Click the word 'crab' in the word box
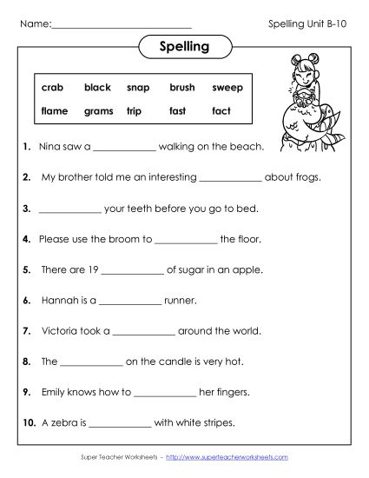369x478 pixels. [52, 88]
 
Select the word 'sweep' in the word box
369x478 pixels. [227, 88]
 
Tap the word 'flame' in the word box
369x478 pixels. [55, 111]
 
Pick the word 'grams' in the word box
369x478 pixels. [98, 111]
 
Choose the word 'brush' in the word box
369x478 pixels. [182, 88]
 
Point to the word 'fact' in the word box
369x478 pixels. [221, 111]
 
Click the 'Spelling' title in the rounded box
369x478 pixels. [185, 46]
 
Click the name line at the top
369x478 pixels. [122, 23]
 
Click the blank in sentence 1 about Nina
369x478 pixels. [124, 148]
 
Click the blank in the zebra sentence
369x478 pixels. [120, 423]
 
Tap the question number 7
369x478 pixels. [27, 331]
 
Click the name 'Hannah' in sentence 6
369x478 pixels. [60, 301]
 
